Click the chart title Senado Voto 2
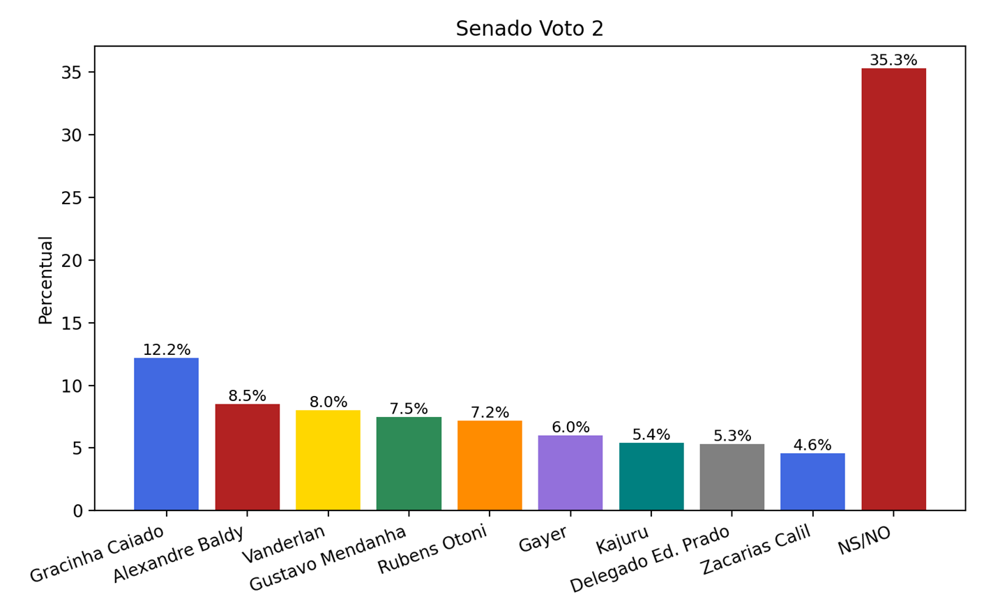[x=529, y=29]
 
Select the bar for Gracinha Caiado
[x=166, y=434]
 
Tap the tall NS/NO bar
[x=893, y=289]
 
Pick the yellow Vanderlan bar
[x=328, y=460]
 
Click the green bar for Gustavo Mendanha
[x=409, y=464]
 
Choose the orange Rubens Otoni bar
[x=490, y=465]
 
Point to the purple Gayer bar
[x=570, y=473]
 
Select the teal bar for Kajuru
[x=651, y=476]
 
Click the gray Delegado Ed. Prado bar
[x=732, y=477]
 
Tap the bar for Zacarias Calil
[x=812, y=481]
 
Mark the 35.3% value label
[x=893, y=60]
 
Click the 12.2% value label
[x=167, y=350]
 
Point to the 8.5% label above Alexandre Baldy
[x=247, y=396]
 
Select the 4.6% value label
[x=812, y=445]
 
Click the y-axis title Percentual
[x=45, y=280]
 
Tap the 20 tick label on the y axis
[x=71, y=261]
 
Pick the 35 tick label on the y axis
[x=71, y=73]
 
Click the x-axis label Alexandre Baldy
[x=179, y=554]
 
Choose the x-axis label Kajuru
[x=623, y=540]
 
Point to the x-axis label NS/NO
[x=865, y=541]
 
